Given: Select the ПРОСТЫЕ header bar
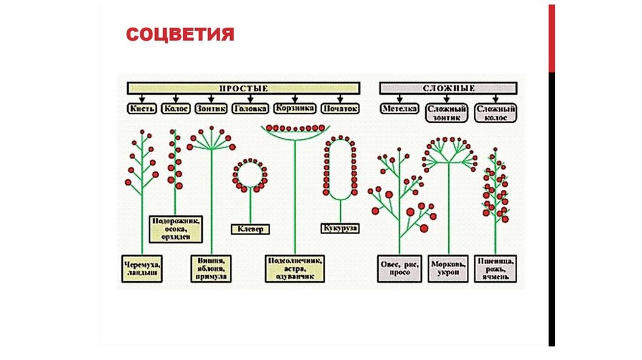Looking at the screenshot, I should point(243,88).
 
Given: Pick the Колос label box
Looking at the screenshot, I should point(176,108).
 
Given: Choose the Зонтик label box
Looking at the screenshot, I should point(211,108).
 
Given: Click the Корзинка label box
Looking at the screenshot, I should point(294,108).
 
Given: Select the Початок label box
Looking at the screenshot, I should point(340,108).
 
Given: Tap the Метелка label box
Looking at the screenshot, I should point(399,108).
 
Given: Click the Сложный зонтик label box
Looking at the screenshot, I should point(446,112).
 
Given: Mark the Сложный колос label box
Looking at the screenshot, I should point(495,112).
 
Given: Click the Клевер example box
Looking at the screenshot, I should point(250,229).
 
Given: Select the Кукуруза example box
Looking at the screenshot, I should point(340,228).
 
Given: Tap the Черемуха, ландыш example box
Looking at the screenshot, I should point(141,268).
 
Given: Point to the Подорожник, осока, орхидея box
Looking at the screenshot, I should point(176,229).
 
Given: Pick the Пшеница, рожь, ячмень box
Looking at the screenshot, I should point(495,268).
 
